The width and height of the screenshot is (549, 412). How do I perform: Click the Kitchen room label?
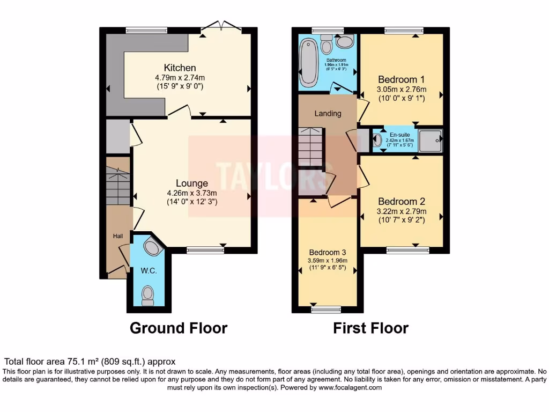tap(180, 68)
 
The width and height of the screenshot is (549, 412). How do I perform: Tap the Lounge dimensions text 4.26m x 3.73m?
tap(191, 193)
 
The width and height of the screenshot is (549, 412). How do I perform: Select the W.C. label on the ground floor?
tap(149, 271)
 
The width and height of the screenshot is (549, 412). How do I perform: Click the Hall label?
tap(117, 236)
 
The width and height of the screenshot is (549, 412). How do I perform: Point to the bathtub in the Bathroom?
tap(309, 63)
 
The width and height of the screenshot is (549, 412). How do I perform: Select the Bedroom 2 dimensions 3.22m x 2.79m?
tap(402, 211)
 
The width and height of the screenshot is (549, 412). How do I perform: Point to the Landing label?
tap(328, 113)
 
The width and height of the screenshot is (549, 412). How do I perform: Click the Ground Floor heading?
tap(179, 328)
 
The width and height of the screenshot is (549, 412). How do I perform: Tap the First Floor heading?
tap(370, 328)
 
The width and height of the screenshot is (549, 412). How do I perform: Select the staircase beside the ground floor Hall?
tap(118, 186)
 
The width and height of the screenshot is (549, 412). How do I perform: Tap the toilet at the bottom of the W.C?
tap(147, 295)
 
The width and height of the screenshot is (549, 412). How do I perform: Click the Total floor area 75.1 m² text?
tap(90, 362)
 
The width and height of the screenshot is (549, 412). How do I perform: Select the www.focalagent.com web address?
tap(351, 387)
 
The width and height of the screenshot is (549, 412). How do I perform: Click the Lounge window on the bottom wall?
tap(205, 249)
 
